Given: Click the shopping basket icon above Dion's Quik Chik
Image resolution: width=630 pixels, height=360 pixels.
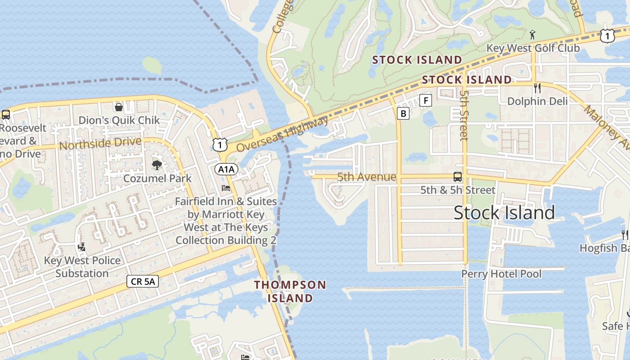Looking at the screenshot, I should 119,107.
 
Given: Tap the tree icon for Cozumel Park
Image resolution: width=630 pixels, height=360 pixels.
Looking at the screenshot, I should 157,165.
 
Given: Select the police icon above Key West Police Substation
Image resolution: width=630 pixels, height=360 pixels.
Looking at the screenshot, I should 81,247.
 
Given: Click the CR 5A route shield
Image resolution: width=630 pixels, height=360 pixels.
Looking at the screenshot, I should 143,282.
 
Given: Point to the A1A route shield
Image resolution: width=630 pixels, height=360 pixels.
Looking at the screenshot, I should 226,169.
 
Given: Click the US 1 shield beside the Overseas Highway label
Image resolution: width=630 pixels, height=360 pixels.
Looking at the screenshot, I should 220,144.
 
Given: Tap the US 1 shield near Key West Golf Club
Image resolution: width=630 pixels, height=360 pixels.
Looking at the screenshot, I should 607,36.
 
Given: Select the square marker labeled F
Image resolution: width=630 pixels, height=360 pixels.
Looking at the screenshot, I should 426,100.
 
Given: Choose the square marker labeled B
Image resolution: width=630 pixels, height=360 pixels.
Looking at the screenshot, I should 403,113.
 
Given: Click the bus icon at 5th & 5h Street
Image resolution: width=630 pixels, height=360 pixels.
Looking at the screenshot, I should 458,177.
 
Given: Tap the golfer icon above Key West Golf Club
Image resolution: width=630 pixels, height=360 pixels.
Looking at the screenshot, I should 533,34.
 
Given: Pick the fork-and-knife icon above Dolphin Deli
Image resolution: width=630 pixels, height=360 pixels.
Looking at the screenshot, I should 537,88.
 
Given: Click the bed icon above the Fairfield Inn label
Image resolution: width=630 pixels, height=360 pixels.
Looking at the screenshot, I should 226,188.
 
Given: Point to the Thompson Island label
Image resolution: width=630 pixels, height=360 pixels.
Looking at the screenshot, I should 290,291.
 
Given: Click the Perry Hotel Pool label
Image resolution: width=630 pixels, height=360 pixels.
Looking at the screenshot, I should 501,274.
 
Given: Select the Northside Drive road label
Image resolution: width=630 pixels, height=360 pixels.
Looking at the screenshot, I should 100,144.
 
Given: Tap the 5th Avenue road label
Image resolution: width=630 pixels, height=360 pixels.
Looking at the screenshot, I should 367,177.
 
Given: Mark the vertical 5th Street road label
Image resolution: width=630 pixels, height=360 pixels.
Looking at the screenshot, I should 464,115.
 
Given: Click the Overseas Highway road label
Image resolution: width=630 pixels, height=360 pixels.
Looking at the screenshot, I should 283,134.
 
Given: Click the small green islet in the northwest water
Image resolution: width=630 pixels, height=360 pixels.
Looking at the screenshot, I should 152,66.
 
